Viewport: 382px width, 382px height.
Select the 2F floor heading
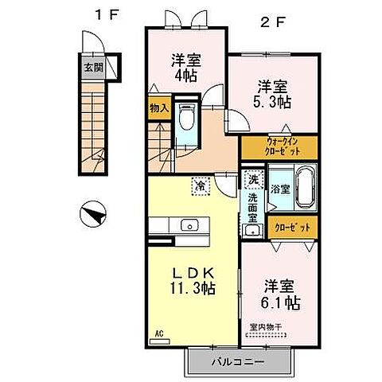point(271,22)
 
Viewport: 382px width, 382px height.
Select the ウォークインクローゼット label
point(279,146)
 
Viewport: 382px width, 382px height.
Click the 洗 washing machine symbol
point(253,180)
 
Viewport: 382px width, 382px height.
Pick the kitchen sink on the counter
point(191,225)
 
